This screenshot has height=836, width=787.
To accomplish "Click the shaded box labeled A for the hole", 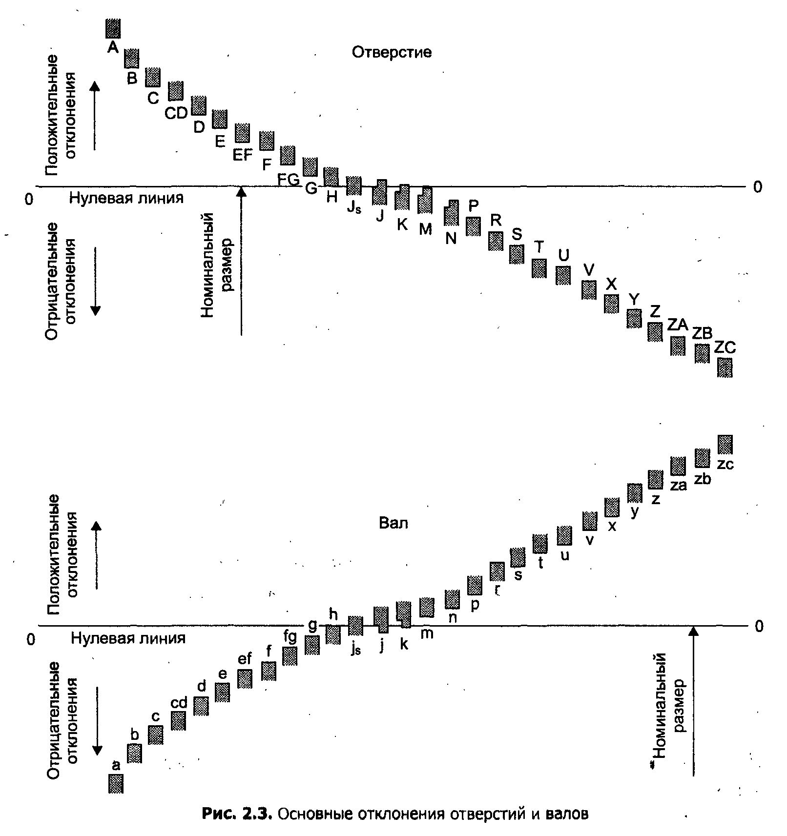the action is (113, 28).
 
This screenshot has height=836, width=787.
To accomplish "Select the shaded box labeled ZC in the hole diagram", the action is (725, 367).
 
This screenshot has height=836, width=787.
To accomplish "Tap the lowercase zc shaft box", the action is (725, 444).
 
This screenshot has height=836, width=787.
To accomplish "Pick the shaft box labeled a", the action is (116, 784).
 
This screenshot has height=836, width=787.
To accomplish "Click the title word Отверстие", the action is (392, 52).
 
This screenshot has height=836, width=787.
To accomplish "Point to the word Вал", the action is (393, 524).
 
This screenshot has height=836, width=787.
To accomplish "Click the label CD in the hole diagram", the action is (176, 113).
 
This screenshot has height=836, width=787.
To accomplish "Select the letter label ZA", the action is (677, 325).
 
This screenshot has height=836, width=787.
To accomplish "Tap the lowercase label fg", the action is (290, 637).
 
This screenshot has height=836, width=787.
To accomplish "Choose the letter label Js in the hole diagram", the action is (354, 207).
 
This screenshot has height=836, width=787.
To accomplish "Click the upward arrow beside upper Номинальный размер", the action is (241, 261).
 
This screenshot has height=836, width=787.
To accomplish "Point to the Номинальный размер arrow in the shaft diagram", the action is (693, 701).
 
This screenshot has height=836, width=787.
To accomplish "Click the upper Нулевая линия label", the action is (126, 198).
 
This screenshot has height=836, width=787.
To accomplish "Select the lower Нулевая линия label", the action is (128, 638).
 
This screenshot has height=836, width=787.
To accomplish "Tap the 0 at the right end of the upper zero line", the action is (758, 187).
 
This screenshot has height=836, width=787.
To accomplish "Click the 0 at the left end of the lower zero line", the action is (31, 639).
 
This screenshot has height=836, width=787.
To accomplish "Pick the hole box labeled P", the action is (473, 226).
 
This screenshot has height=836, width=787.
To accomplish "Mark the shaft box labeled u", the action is (564, 536).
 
